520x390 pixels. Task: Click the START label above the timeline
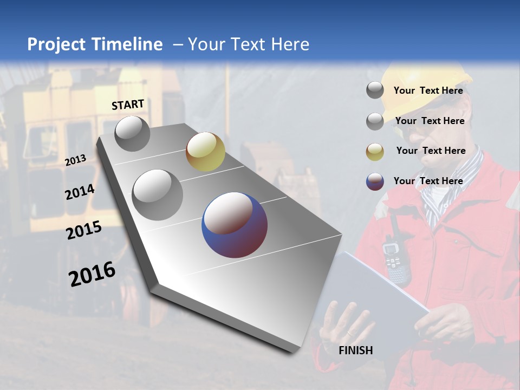click(128, 105)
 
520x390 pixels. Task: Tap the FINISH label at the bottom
click(356, 350)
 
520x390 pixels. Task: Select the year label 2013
click(75, 160)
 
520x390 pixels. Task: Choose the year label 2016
click(92, 274)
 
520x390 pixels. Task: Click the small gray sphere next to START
click(132, 133)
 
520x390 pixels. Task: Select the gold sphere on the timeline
click(205, 152)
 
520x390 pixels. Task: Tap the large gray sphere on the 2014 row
click(158, 194)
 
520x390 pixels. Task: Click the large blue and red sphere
click(235, 225)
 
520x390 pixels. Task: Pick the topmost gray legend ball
click(375, 90)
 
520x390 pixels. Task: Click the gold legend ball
click(375, 152)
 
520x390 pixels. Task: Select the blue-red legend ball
click(375, 181)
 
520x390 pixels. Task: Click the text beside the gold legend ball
click(431, 151)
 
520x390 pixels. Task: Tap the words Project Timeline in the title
click(95, 44)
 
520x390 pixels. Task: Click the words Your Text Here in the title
click(248, 44)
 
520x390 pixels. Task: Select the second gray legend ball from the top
click(375, 121)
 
